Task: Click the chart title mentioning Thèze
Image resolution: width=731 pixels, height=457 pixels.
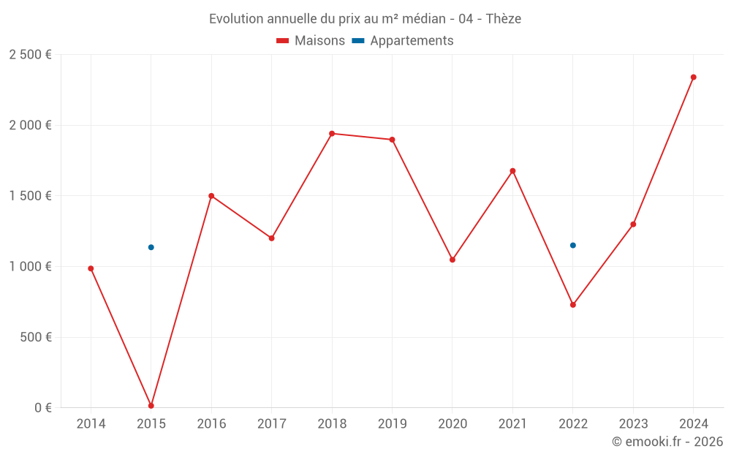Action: (x=365, y=19)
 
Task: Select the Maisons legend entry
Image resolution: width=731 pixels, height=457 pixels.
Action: (x=311, y=41)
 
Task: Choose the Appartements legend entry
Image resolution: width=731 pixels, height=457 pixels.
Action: (x=403, y=41)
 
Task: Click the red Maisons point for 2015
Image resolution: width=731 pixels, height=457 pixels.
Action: (x=151, y=406)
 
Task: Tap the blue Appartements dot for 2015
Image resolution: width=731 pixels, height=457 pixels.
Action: (x=151, y=247)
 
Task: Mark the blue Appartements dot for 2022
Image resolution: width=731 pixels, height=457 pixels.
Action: (x=573, y=246)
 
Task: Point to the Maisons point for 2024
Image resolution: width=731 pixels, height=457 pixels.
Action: (x=694, y=77)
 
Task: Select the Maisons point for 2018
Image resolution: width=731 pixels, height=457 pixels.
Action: (x=332, y=134)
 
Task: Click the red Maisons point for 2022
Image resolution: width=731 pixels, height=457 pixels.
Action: (x=573, y=305)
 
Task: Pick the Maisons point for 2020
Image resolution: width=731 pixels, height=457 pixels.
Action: (x=452, y=260)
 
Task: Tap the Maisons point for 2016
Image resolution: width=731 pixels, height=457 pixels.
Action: (x=211, y=196)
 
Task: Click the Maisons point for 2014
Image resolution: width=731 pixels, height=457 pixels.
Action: (x=91, y=268)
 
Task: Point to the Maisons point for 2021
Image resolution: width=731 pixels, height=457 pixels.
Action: (x=512, y=171)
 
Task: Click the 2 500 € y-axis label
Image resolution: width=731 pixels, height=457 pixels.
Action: (x=30, y=55)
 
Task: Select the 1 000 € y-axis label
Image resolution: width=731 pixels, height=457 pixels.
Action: (x=30, y=267)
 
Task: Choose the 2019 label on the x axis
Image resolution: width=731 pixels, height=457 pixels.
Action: (x=392, y=424)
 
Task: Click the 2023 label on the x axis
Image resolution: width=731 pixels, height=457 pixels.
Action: (x=633, y=424)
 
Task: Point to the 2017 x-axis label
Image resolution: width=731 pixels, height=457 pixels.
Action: (x=271, y=424)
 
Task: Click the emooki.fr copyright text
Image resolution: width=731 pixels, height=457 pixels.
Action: (x=667, y=442)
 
